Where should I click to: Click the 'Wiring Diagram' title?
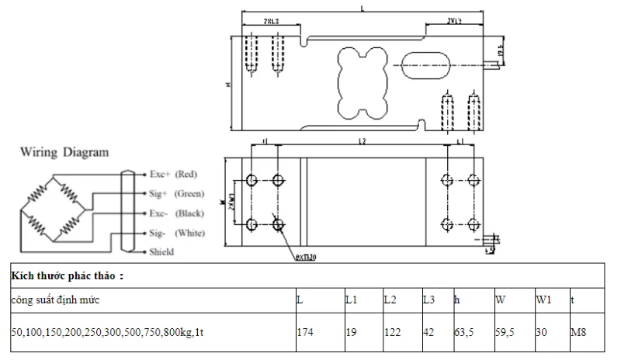pos(64,152)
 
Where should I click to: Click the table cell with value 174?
pos(306,331)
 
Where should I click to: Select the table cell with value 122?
pos(392,331)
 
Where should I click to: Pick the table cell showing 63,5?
pos(464,331)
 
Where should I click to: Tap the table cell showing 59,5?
pos(505,331)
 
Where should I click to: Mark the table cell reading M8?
pos(577,331)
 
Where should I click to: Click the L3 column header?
pos(428,299)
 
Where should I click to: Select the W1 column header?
pos(543,299)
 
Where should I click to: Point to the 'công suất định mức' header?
pos(55,299)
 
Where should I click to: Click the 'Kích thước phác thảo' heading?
pos(67,275)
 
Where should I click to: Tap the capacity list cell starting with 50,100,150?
pos(108,331)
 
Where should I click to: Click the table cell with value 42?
pos(428,331)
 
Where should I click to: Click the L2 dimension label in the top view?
pos(362,142)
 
